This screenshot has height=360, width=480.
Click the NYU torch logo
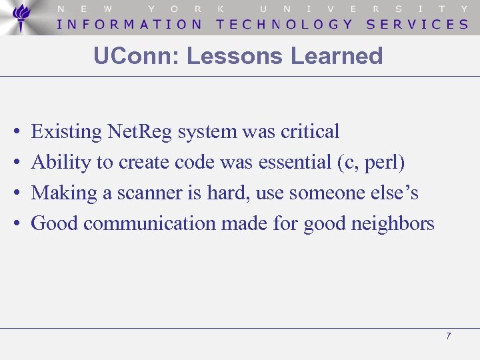tap(22, 17)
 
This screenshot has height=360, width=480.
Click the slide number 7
tap(448, 336)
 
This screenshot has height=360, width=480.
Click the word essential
tap(297, 162)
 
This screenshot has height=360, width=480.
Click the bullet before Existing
tap(15, 132)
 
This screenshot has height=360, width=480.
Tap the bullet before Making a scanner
tap(15, 193)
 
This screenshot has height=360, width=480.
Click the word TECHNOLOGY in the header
tap(285, 24)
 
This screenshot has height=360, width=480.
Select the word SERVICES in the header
tap(418, 24)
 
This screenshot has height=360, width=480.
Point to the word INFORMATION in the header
tap(130, 24)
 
